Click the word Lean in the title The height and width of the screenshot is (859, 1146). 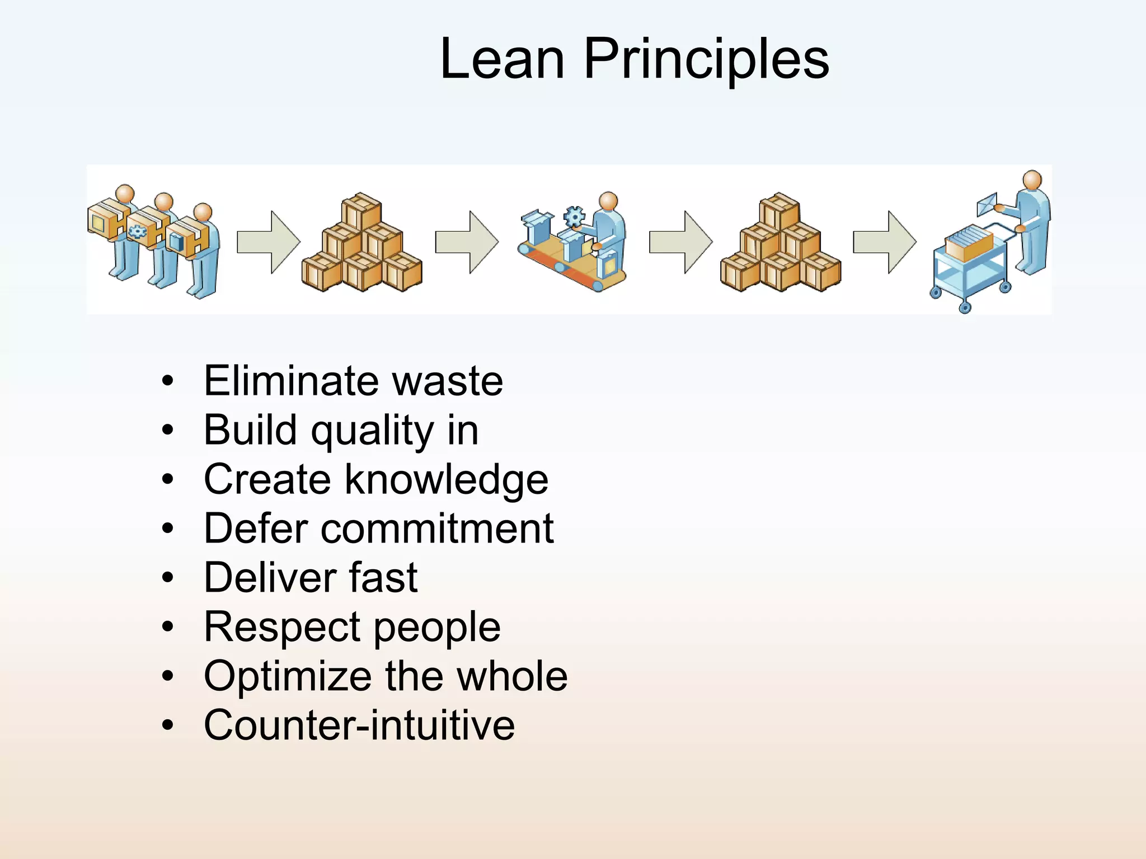click(x=502, y=59)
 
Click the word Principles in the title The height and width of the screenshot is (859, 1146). click(x=706, y=59)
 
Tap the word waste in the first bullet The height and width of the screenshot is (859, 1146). click(x=447, y=381)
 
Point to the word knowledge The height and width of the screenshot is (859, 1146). click(x=446, y=480)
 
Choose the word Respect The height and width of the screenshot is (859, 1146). click(x=283, y=627)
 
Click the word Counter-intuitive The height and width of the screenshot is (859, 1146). click(x=359, y=725)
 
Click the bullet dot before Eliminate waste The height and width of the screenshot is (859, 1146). click(x=168, y=381)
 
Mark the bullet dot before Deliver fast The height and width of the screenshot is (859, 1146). click(x=168, y=578)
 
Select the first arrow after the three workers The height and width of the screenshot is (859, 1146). click(x=268, y=242)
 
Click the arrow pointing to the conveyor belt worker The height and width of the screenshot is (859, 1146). click(x=467, y=242)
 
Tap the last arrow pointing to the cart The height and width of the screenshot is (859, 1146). click(x=884, y=242)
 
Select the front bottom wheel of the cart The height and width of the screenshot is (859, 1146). click(x=965, y=307)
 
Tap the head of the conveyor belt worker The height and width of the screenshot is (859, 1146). click(x=608, y=201)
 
